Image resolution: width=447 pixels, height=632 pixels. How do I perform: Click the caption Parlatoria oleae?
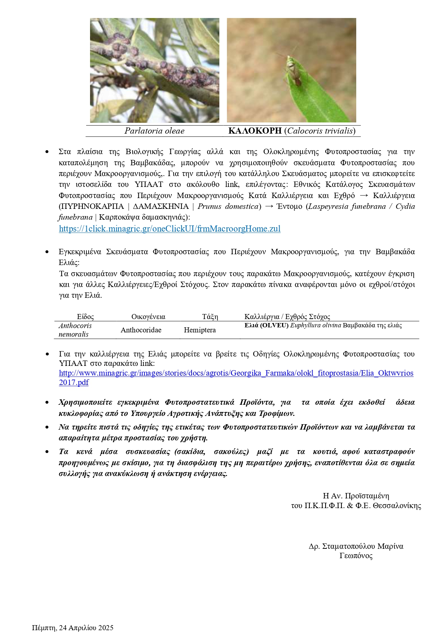[154, 131]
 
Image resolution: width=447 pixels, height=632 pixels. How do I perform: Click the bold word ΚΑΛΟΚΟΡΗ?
[255, 131]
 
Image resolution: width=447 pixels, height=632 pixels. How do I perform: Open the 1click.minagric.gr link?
[170, 229]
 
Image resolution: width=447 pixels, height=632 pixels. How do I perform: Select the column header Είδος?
[85, 317]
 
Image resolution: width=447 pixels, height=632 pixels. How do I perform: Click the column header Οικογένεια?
[148, 317]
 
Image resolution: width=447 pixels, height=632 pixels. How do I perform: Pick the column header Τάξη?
[210, 317]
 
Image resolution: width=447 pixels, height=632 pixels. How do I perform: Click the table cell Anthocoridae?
[141, 330]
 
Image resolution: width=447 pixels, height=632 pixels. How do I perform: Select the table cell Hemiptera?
[200, 330]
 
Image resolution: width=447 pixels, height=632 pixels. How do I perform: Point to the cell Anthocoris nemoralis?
[75, 330]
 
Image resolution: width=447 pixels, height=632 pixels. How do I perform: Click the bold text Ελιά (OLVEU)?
[267, 326]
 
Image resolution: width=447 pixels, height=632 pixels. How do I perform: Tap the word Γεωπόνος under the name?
[356, 556]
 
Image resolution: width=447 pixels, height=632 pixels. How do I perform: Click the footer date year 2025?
[106, 628]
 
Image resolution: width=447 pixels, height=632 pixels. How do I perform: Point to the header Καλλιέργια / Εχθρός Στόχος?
[287, 317]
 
